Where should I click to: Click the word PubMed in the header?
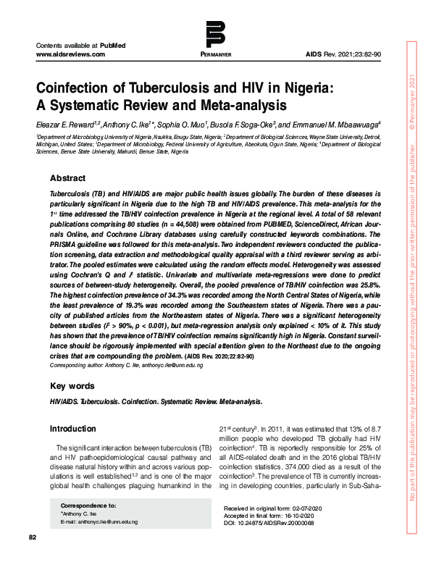point(112,45)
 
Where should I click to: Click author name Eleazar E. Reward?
point(70,124)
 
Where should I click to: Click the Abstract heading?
point(67,178)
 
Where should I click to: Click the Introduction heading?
point(72,429)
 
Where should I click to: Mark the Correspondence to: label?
point(88,505)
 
